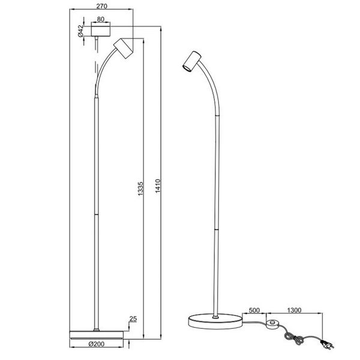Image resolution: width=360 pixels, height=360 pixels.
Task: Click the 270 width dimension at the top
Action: pos(101,7)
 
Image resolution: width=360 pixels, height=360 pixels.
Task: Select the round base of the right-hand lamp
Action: pos(214,322)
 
